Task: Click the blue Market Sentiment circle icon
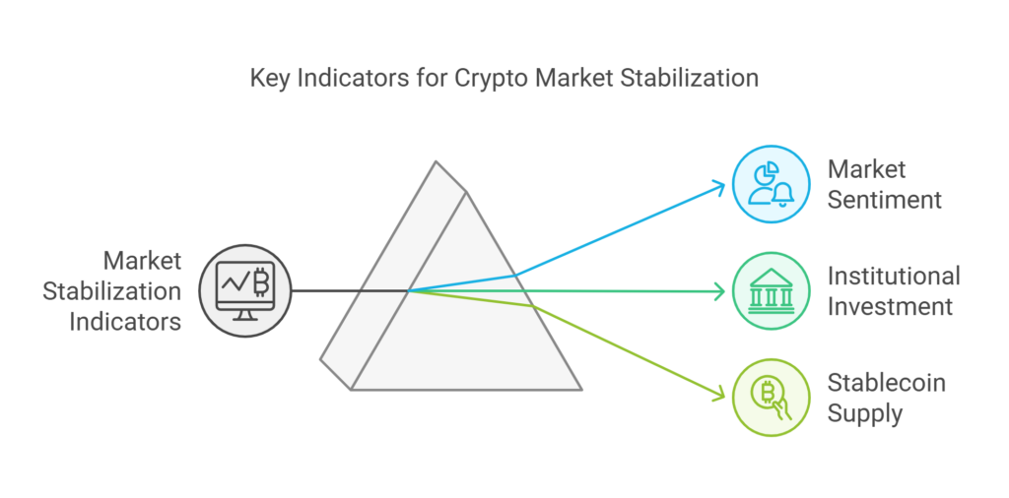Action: tap(769, 184)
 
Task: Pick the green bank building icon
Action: tap(769, 291)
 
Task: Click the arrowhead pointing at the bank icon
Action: tap(719, 291)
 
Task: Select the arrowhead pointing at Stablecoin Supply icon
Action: tap(720, 395)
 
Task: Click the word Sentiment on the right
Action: tap(884, 199)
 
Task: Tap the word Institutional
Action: tap(893, 277)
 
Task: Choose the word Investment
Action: tap(890, 306)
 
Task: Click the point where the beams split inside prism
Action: tap(410, 290)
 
